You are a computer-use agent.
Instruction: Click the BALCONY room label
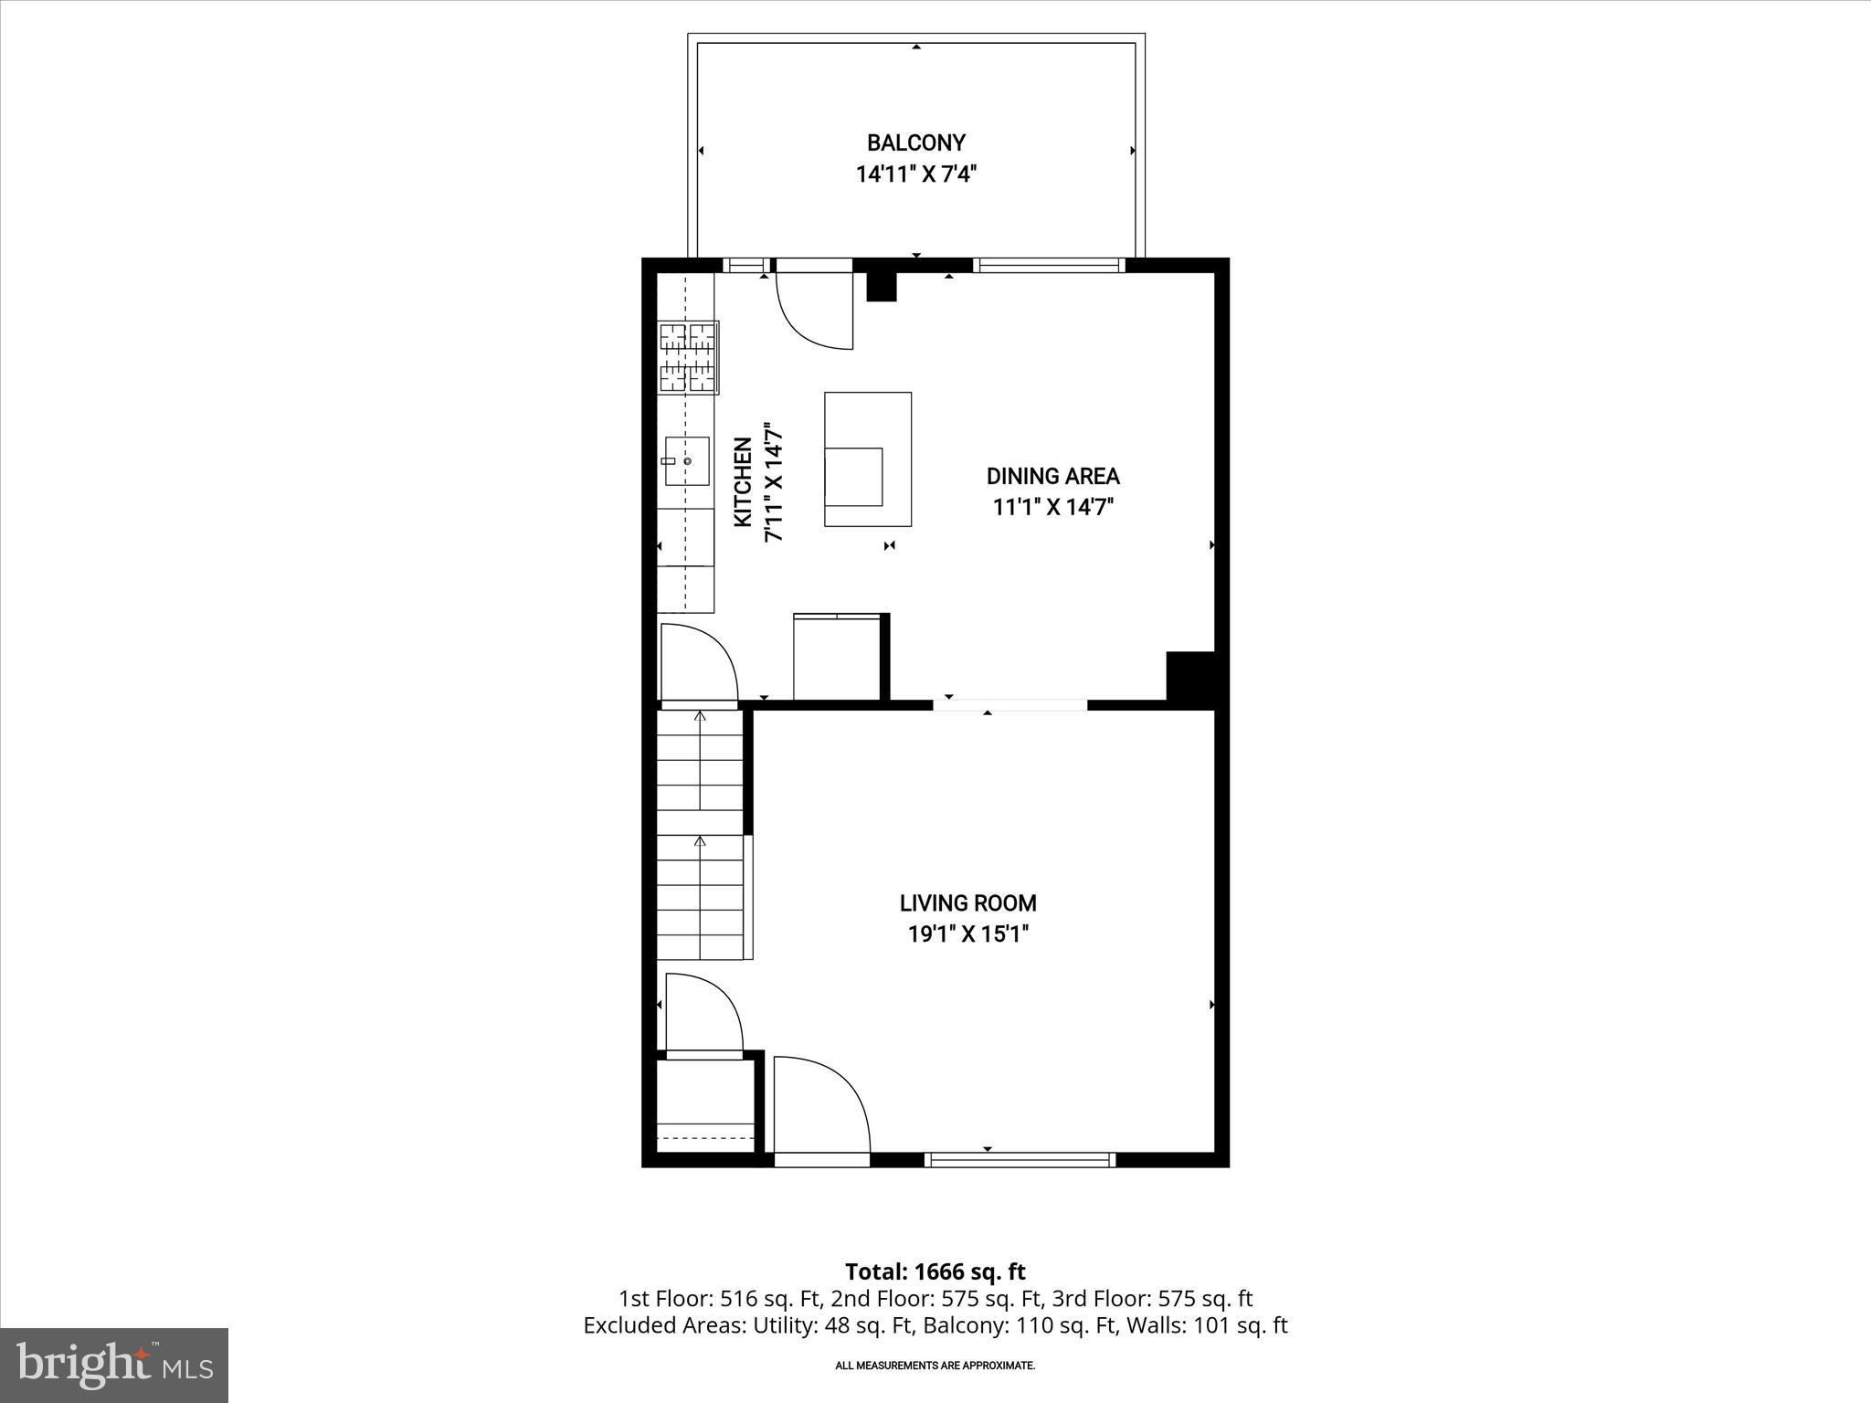915,142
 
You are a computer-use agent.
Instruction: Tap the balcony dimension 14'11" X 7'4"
915,174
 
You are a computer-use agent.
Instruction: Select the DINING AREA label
1052,476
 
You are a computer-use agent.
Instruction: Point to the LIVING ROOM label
967,903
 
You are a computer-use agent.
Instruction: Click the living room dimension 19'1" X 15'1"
967,934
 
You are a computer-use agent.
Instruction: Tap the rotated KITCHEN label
743,481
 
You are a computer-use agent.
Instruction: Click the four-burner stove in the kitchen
688,358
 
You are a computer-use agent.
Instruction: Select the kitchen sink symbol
686,462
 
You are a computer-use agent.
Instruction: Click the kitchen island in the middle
867,459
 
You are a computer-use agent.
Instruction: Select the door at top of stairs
698,663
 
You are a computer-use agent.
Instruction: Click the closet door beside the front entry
703,1014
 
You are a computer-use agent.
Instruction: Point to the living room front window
1020,1160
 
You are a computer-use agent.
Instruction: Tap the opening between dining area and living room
1009,704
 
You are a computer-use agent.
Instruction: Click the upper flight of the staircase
700,760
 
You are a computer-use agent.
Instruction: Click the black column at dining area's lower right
1190,677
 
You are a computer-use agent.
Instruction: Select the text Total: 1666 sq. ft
935,1271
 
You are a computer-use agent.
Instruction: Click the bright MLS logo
114,1365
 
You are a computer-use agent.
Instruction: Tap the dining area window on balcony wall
1048,266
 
